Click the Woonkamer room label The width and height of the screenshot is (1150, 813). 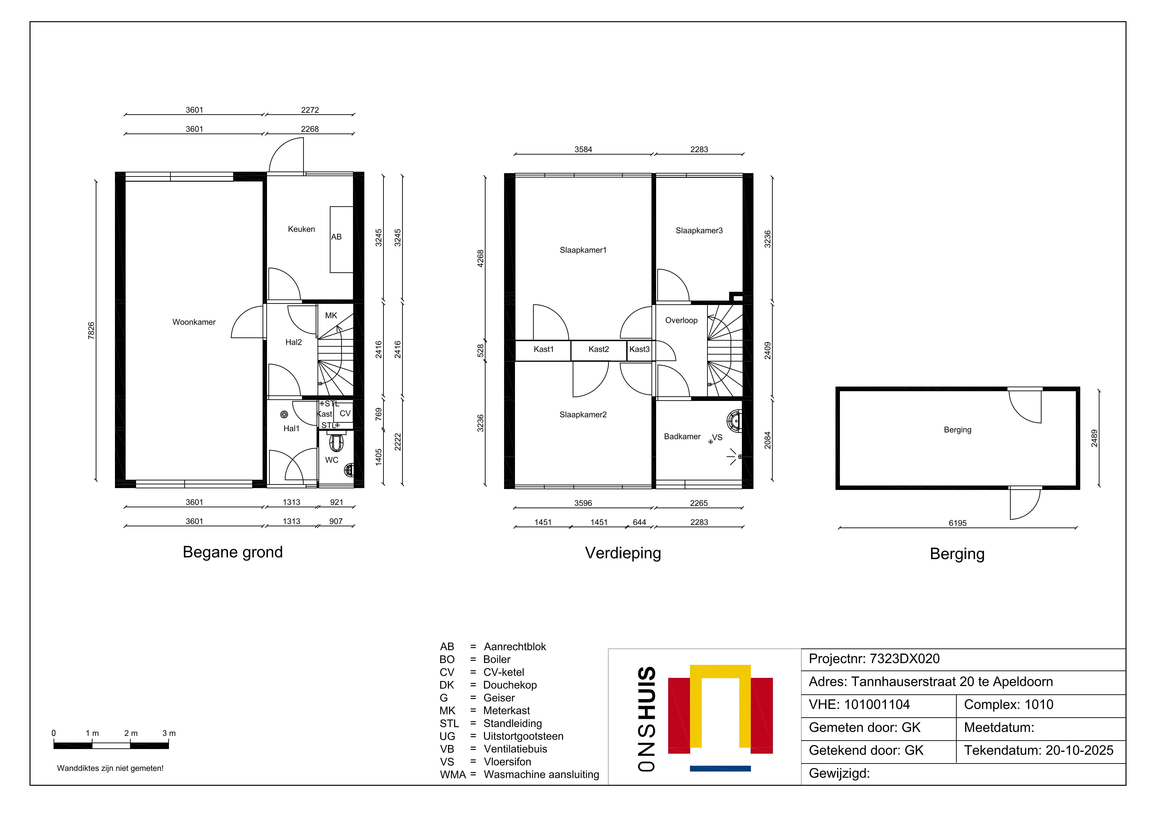pyautogui.click(x=194, y=322)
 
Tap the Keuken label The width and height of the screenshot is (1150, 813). pyautogui.click(x=302, y=229)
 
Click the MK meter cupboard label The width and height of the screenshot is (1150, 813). pyautogui.click(x=331, y=316)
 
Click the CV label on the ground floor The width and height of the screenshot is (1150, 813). pyautogui.click(x=345, y=413)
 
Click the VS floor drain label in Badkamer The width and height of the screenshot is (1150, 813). pyautogui.click(x=718, y=437)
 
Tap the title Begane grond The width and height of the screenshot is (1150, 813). pyautogui.click(x=233, y=552)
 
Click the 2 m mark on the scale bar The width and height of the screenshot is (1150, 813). pyautogui.click(x=131, y=733)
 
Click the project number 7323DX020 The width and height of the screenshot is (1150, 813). pyautogui.click(x=905, y=659)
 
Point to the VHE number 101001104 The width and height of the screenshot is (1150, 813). pyautogui.click(x=877, y=705)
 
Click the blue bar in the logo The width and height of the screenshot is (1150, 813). pyautogui.click(x=720, y=769)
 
